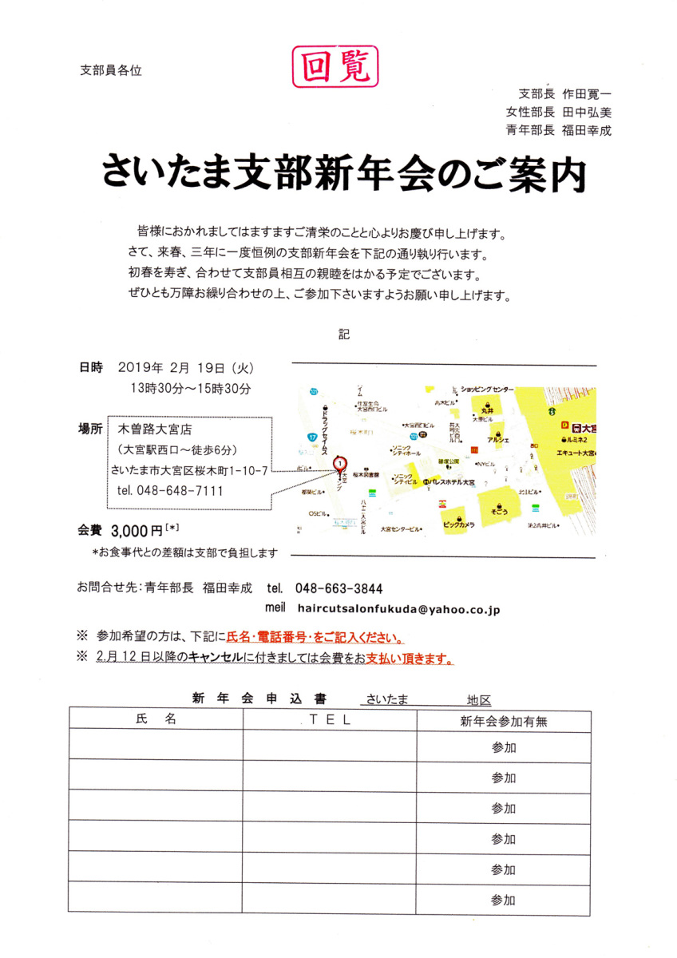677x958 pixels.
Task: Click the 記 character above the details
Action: point(344,334)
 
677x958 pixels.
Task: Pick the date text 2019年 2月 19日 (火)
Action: point(184,368)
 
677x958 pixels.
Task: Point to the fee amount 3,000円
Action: point(137,529)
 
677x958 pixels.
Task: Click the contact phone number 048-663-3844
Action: point(338,588)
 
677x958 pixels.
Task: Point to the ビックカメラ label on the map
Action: point(458,525)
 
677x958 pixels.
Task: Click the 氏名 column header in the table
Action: point(156,718)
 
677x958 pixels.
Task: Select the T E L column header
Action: point(330,718)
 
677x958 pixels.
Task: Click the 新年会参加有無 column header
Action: point(503,721)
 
